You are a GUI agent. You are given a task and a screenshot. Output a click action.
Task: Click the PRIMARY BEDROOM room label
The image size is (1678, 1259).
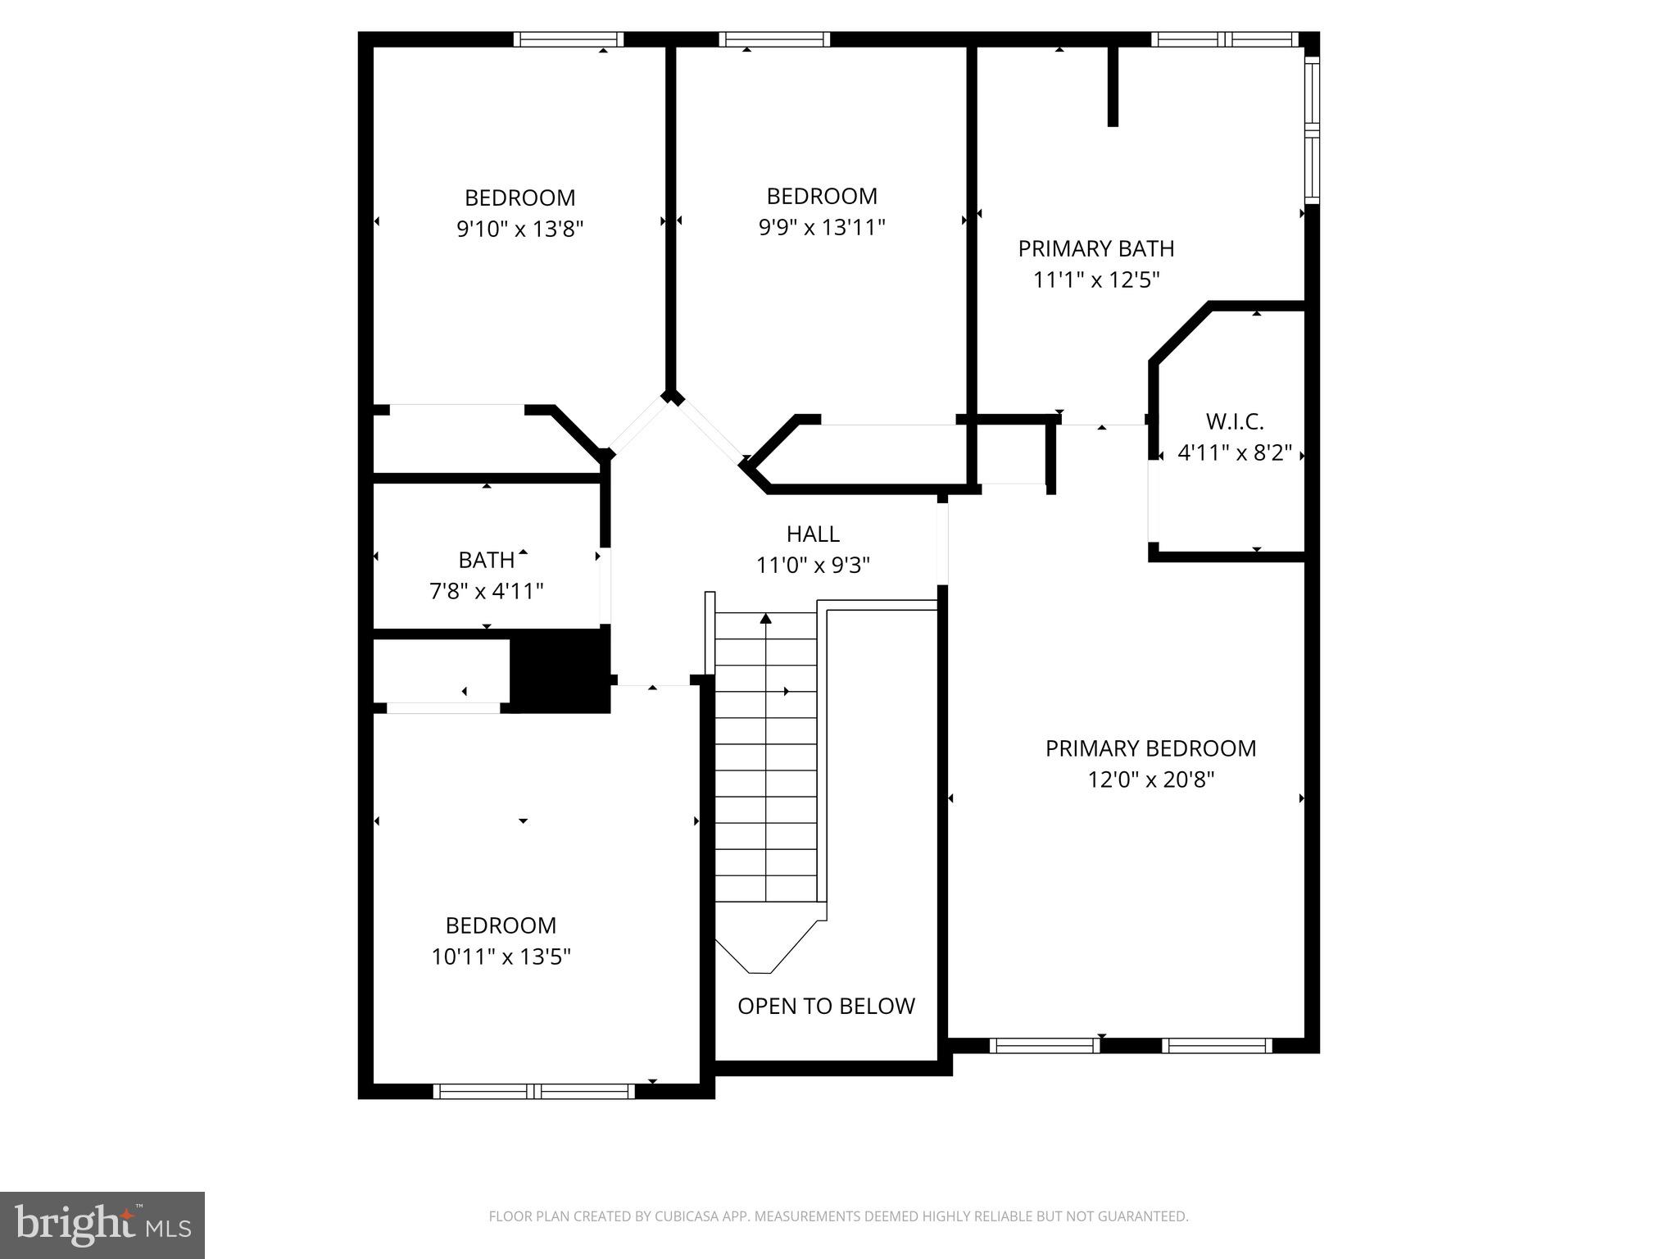(1150, 748)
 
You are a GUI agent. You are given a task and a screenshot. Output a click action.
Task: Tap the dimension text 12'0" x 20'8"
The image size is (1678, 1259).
(1150, 779)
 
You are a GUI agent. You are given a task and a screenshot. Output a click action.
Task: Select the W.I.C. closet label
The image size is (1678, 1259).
(1234, 422)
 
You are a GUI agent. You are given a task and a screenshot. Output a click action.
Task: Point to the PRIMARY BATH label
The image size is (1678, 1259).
(1095, 248)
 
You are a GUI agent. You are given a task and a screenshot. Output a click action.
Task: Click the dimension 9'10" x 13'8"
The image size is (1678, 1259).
(519, 229)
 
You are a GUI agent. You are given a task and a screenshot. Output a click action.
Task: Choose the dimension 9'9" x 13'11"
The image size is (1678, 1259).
(822, 227)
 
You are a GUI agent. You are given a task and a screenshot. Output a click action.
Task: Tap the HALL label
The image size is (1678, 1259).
(813, 534)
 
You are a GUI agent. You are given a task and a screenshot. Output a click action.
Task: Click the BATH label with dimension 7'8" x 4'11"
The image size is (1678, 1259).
(487, 561)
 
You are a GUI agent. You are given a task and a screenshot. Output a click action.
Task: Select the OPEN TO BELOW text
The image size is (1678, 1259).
(826, 1007)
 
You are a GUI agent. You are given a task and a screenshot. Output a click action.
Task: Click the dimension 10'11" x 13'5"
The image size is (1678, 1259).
(501, 957)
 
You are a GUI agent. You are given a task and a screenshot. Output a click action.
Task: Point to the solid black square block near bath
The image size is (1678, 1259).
(560, 670)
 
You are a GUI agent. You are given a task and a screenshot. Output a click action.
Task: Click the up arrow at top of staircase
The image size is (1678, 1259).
(766, 618)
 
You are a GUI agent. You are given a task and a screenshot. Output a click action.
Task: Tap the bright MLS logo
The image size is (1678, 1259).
(102, 1225)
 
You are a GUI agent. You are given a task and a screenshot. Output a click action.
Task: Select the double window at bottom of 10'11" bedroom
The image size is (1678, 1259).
(533, 1091)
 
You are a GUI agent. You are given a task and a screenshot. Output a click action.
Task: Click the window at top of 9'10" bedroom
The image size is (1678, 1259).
(569, 39)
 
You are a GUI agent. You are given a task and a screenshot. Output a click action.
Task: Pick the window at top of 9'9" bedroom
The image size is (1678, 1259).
(774, 39)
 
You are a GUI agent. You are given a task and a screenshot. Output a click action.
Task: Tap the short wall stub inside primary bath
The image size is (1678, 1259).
(1113, 86)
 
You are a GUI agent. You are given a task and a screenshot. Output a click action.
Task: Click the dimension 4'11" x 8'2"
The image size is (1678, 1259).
(1234, 453)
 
